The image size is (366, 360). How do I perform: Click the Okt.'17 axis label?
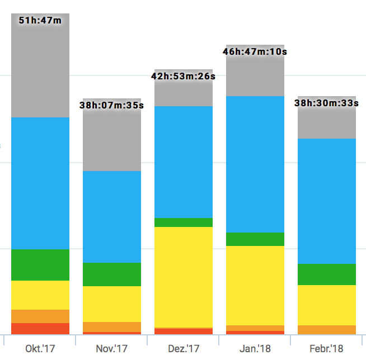pos(40,349)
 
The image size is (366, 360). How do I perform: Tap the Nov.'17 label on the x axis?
pos(112,349)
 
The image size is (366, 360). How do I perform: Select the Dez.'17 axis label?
pos(184,349)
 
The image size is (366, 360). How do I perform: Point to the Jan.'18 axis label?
pos(255,349)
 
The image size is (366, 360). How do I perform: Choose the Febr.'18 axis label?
pos(326,349)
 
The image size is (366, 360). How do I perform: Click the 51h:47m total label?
pos(40,21)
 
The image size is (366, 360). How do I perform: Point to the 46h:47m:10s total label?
pos(255,51)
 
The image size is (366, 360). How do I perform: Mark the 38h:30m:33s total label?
pos(326,103)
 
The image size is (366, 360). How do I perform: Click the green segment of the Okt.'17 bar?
pos(40,264)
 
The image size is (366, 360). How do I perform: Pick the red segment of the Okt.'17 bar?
pos(40,329)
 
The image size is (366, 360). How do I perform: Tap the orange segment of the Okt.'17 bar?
pos(40,316)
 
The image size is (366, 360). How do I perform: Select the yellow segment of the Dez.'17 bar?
pos(184,277)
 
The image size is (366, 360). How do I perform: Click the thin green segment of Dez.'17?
pos(184,222)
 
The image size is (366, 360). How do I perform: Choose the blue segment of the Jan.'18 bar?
pos(255,164)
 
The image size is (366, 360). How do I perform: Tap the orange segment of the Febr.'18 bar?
pos(326,330)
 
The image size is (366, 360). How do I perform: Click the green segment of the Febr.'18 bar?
pos(326,274)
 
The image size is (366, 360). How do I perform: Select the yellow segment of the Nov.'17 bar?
pos(112,304)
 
